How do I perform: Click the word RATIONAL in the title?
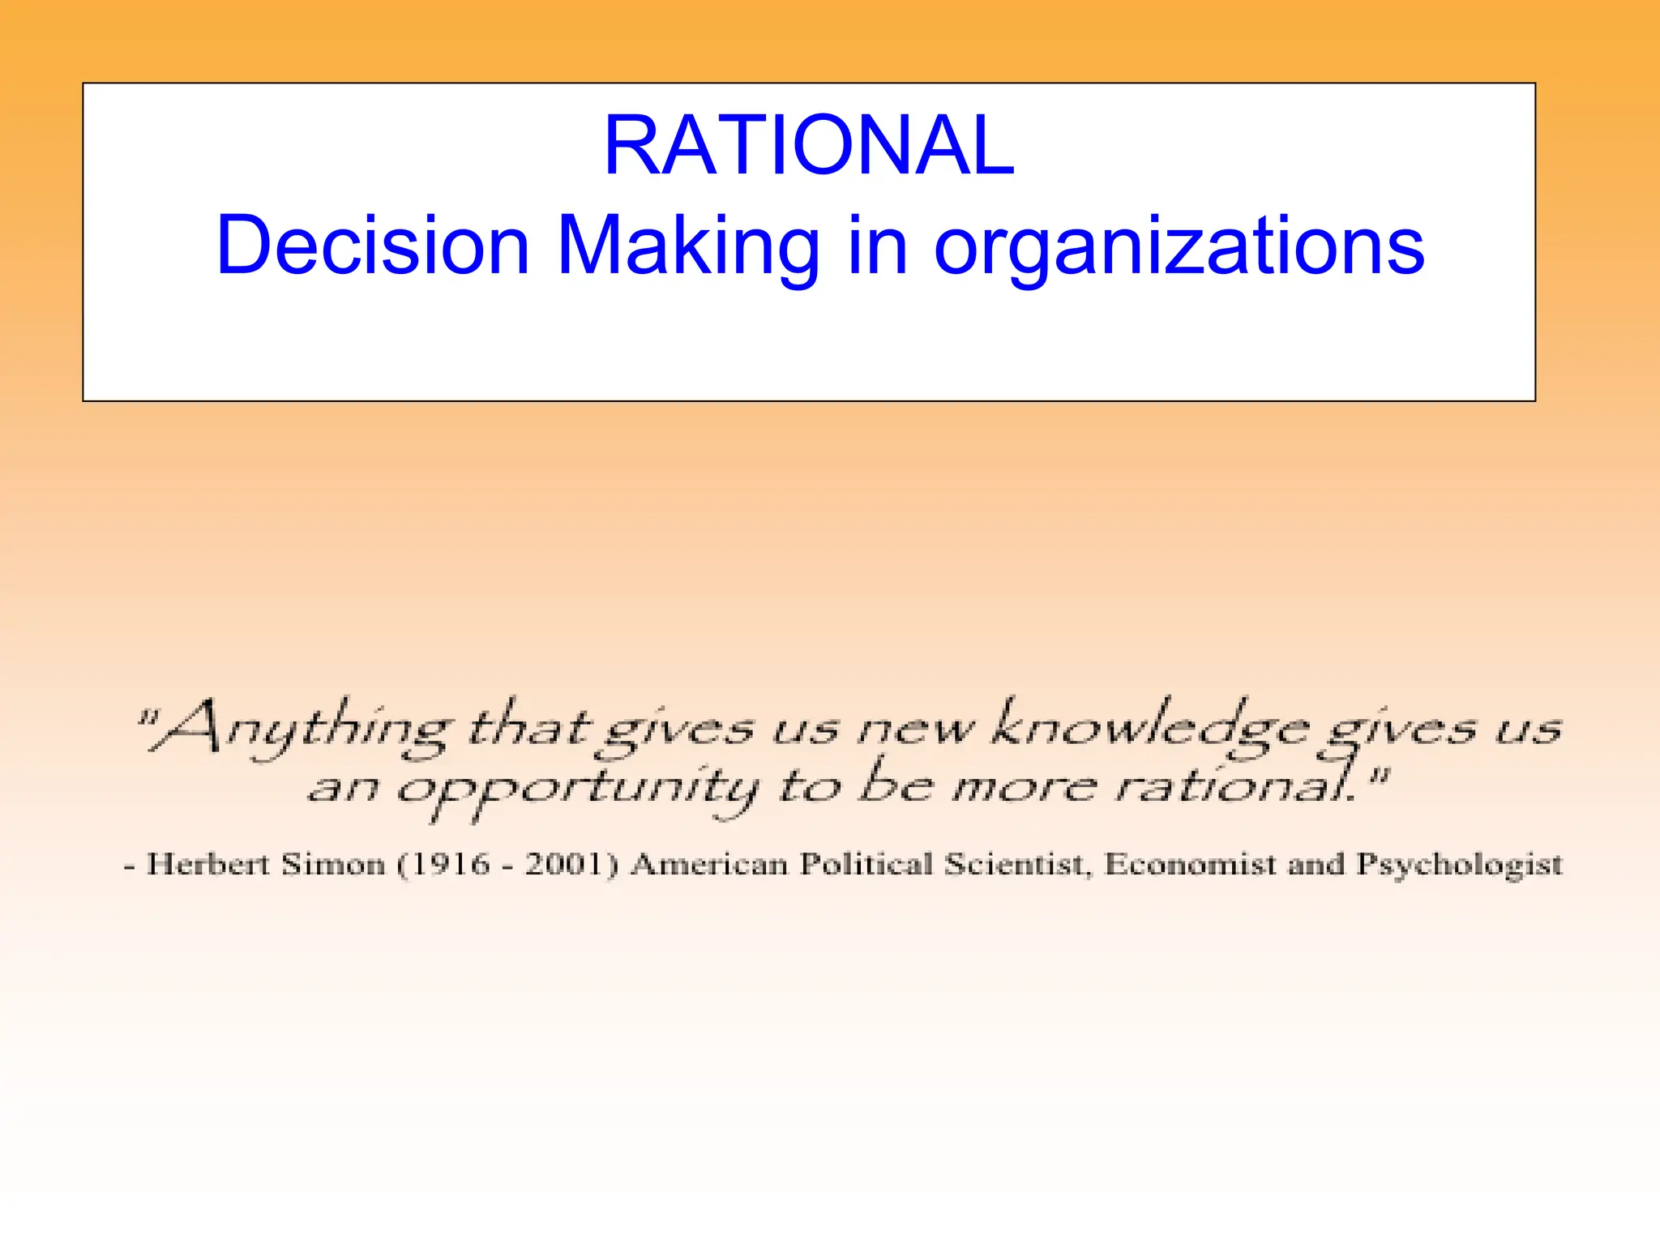tap(809, 146)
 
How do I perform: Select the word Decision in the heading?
tap(373, 246)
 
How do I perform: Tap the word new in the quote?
tap(916, 730)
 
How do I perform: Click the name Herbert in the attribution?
tap(207, 864)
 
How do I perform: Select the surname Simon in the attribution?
tap(333, 864)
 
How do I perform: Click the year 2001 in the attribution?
tap(564, 864)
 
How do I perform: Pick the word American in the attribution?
tap(709, 864)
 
